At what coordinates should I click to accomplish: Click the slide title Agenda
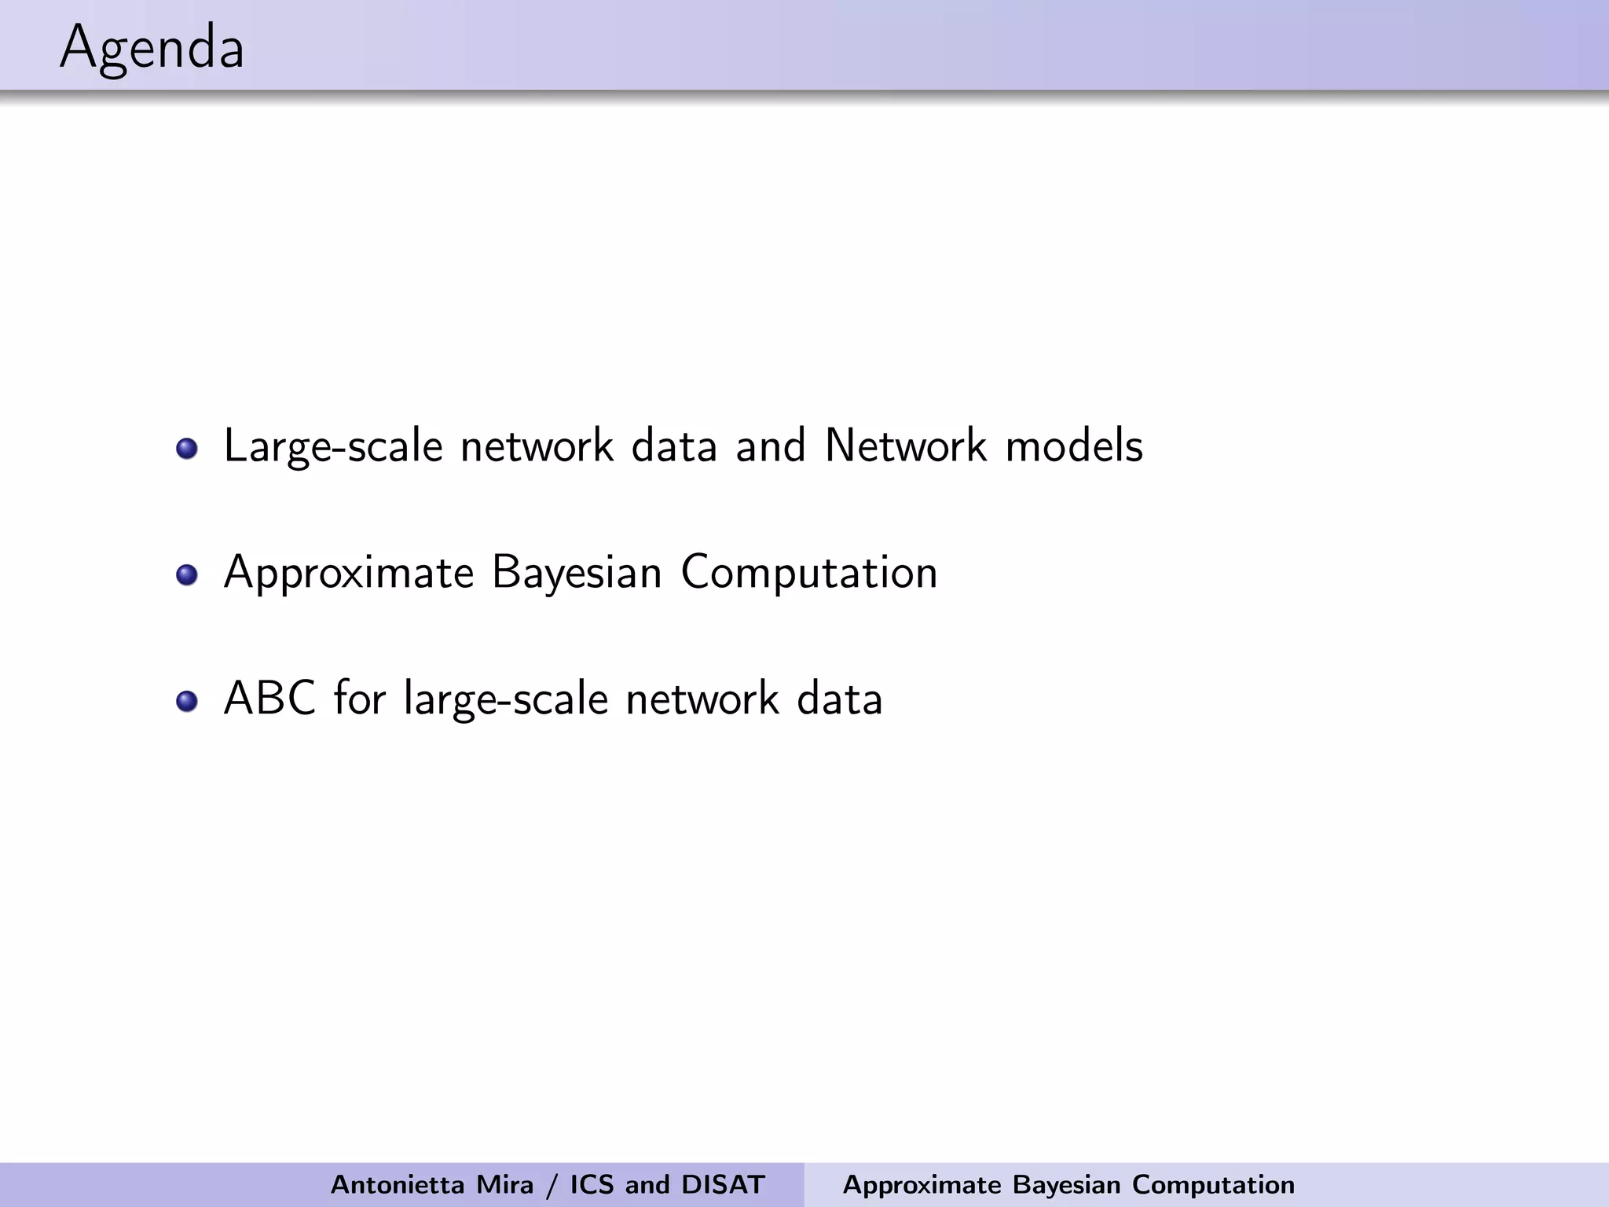152,49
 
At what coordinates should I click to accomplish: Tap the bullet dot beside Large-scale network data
187,449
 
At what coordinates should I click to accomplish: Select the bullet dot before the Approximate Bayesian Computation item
187,575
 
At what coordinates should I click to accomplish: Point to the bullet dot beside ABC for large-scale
187,701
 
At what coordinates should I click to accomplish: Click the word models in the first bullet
1074,446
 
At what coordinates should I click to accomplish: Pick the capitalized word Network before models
905,446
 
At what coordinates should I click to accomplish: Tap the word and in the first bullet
771,446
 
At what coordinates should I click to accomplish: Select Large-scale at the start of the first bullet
333,447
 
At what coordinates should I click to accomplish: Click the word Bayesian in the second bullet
577,572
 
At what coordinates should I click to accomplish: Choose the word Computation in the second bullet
809,572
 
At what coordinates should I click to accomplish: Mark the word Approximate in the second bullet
349,572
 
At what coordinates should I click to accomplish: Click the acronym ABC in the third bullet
269,698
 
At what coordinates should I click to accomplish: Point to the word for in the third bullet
360,698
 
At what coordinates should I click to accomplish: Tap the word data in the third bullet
840,698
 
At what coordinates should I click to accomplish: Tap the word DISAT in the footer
724,1184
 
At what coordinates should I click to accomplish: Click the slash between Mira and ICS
552,1185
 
